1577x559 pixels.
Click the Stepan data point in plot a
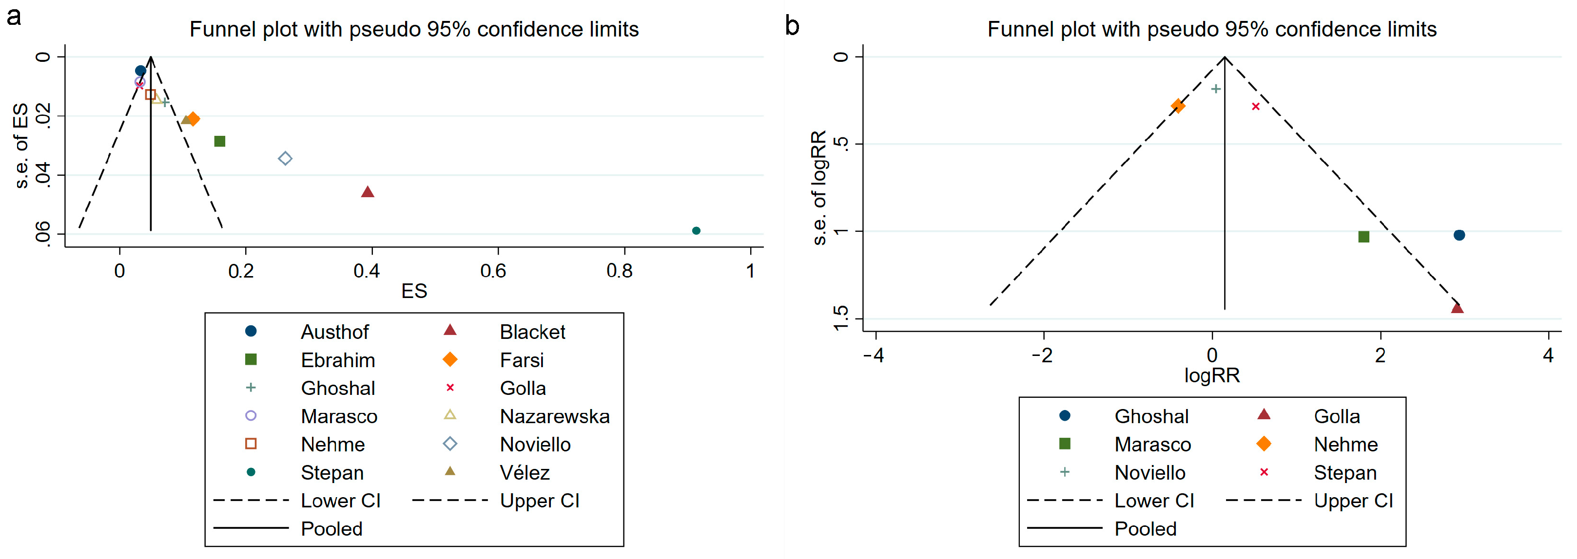[696, 231]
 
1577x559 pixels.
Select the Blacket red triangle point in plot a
[367, 192]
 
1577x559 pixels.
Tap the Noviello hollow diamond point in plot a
[285, 158]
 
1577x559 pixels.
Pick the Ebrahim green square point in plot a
[220, 141]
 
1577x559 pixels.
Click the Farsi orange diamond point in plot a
[194, 119]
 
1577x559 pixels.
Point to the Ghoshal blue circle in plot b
[1459, 235]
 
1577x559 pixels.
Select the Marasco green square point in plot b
[1363, 237]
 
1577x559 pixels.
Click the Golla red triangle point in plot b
[1457, 308]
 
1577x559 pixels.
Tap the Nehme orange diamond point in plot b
[1177, 106]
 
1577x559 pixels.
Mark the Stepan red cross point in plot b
[1256, 107]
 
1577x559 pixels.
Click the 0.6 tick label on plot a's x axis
[493, 270]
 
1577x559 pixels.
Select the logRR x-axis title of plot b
[1211, 375]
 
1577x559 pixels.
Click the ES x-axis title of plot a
[414, 291]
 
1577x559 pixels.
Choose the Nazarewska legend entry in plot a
[554, 416]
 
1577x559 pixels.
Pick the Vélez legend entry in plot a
[524, 472]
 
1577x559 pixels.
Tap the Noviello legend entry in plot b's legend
[1149, 472]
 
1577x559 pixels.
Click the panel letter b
[792, 26]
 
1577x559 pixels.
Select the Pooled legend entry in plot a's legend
[331, 528]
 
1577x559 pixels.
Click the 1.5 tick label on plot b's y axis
[841, 318]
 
